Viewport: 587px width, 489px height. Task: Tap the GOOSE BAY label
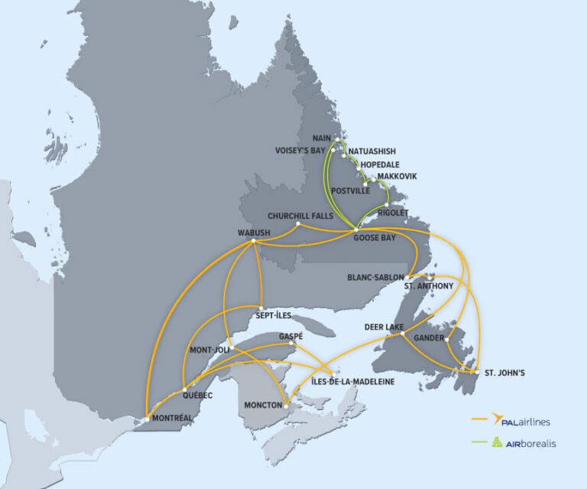click(x=375, y=237)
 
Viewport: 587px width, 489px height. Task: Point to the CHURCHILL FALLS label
click(x=300, y=216)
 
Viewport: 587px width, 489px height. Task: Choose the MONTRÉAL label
click(x=171, y=418)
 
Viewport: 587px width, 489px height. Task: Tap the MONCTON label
click(x=263, y=404)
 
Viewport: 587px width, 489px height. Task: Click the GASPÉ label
click(x=291, y=336)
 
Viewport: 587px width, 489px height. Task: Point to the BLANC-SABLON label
click(x=375, y=277)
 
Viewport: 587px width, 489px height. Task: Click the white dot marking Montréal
click(x=146, y=419)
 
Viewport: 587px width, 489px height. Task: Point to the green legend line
click(x=482, y=442)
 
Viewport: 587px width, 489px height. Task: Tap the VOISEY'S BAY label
click(x=301, y=150)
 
